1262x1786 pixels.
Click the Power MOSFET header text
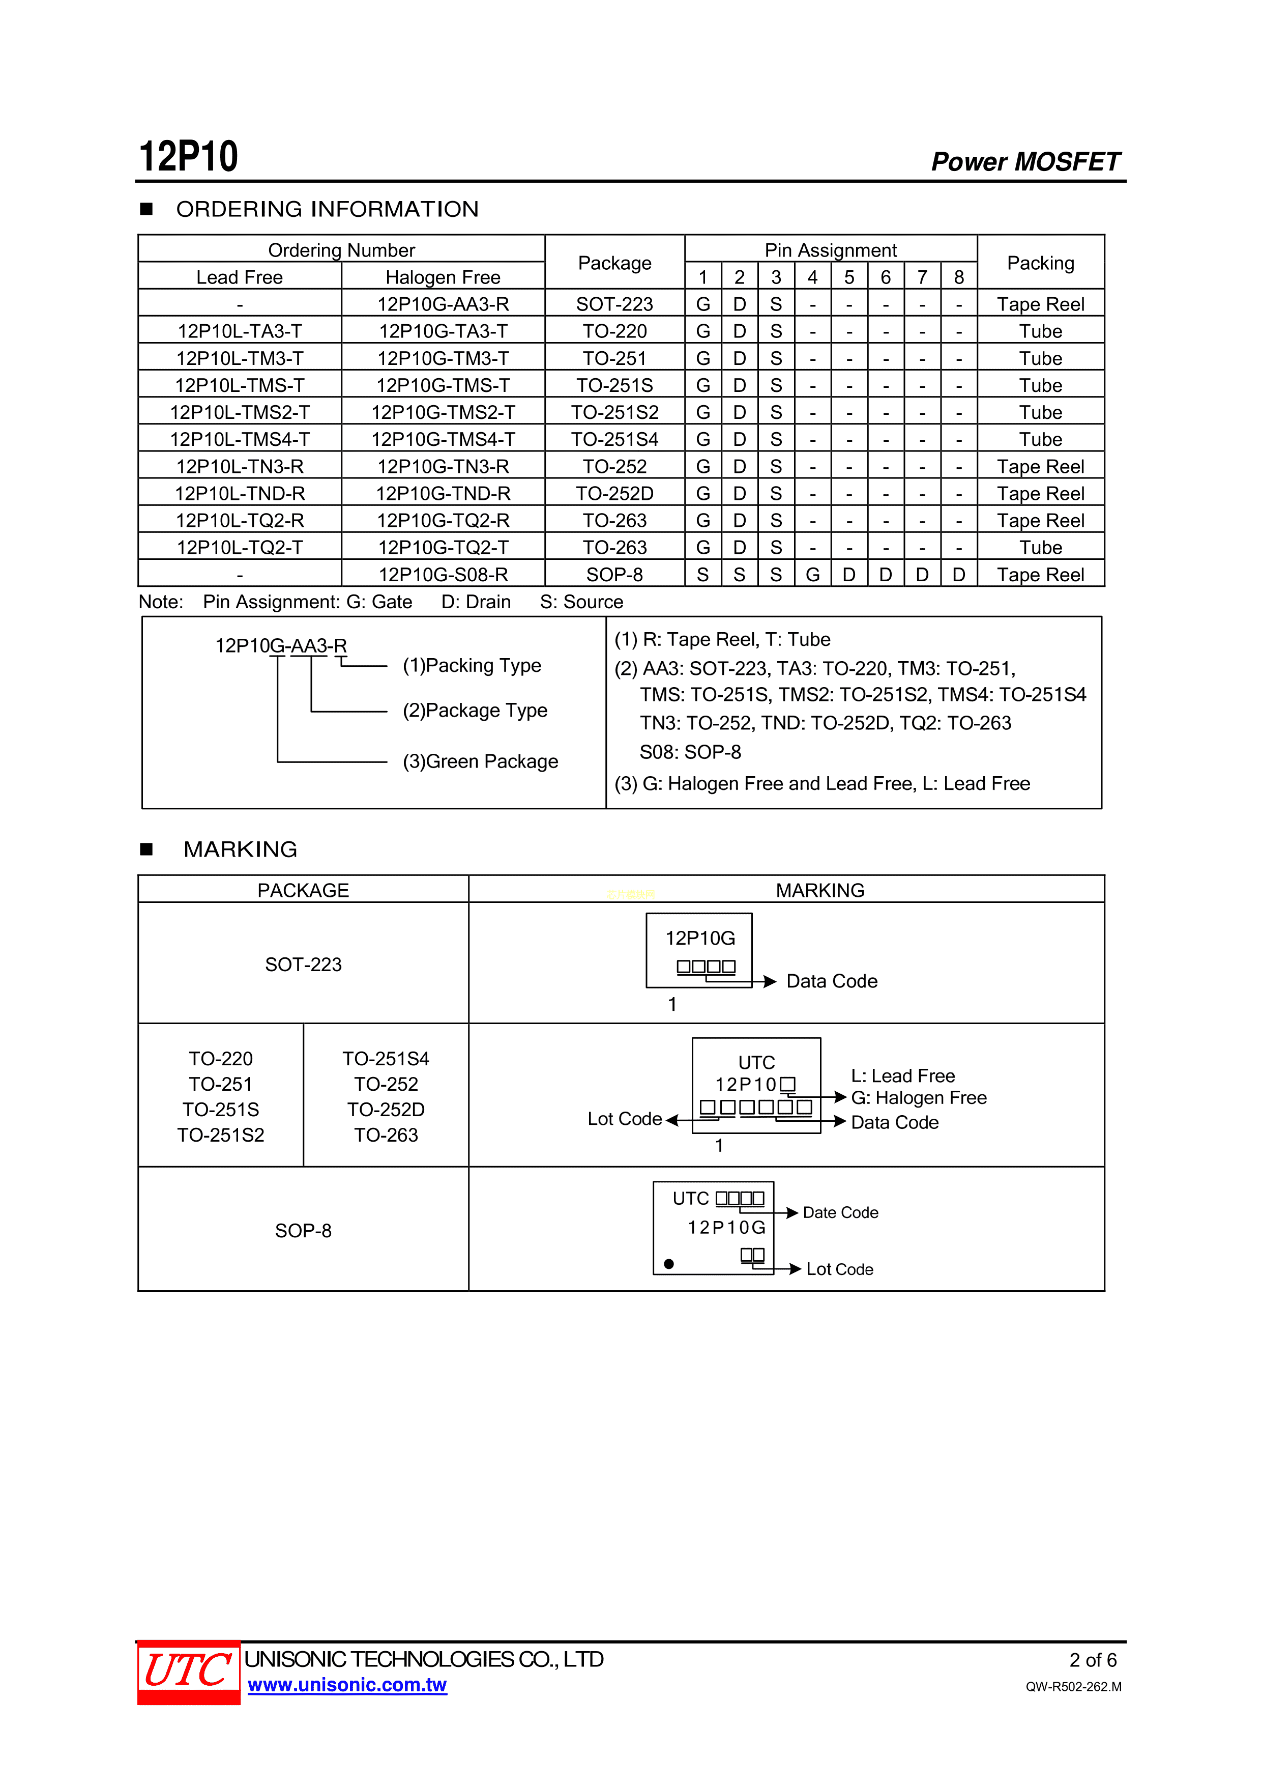[1025, 162]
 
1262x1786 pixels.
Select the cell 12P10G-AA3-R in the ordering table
[443, 304]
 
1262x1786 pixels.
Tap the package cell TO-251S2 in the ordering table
[614, 412]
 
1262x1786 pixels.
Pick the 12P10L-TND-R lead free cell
[240, 494]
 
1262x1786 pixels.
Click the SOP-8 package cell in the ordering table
[614, 575]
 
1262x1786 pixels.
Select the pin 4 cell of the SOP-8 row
[812, 575]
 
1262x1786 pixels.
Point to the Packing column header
[1040, 263]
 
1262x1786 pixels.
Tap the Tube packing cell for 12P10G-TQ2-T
[1040, 548]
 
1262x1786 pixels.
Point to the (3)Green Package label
[480, 761]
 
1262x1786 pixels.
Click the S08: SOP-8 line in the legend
[690, 752]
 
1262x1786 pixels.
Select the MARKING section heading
[240, 849]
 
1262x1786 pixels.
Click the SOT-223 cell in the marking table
[303, 965]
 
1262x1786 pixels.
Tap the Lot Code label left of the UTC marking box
[625, 1119]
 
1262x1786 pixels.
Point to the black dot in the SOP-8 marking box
[669, 1264]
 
